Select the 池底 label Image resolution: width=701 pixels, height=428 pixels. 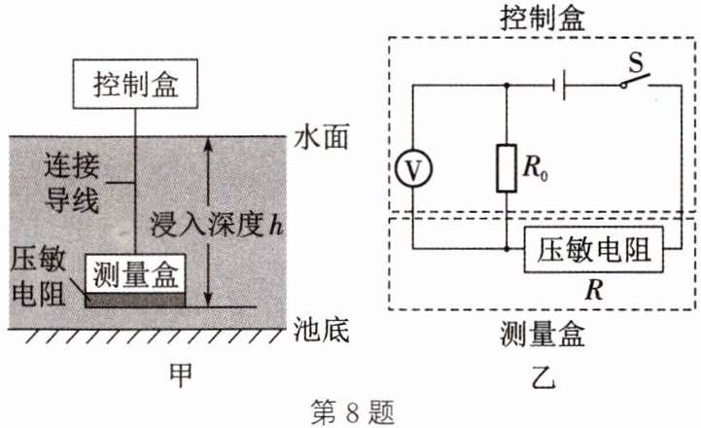click(320, 328)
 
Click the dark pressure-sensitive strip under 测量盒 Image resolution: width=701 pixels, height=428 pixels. click(134, 299)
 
